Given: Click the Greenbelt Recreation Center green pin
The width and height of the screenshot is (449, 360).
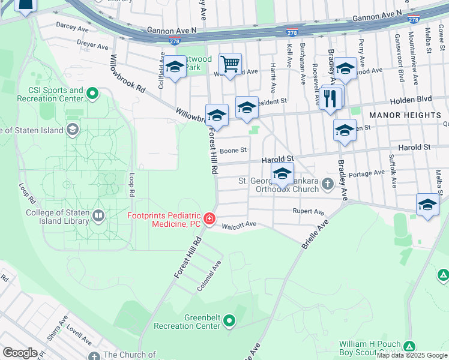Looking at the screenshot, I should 229,322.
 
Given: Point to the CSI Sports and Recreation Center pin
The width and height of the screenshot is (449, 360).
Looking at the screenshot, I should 92,94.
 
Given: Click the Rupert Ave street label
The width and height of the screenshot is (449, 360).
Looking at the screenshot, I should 308,211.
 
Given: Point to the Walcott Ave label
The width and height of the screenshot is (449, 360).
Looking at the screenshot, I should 240,224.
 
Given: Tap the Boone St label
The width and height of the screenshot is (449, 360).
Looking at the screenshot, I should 234,151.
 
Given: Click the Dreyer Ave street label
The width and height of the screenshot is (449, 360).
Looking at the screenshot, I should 92,46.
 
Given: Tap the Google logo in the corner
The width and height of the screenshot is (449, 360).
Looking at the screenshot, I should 20,352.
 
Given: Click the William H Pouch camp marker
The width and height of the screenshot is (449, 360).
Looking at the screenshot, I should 409,347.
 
